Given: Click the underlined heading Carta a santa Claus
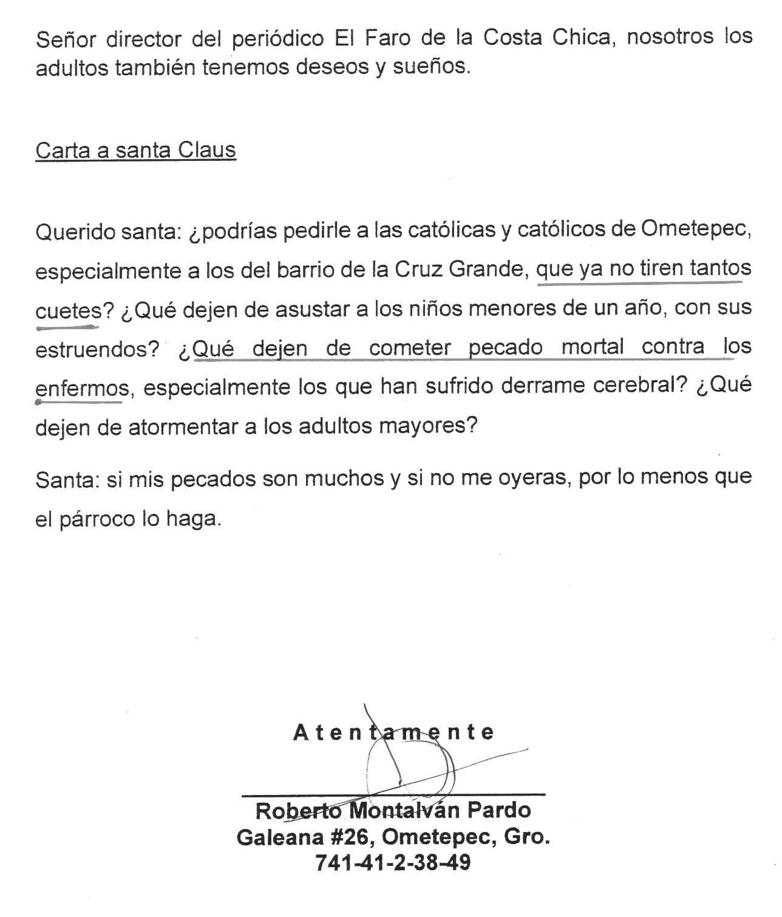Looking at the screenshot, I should tap(135, 149).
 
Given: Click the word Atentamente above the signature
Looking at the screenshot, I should tap(393, 732).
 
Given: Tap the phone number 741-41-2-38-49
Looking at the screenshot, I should tap(393, 862).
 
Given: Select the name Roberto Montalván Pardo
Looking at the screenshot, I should tap(393, 810).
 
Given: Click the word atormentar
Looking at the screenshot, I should tap(183, 427).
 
